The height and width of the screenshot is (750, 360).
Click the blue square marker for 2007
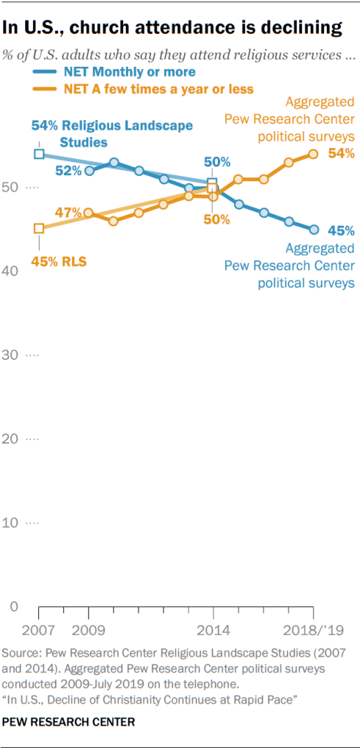39,154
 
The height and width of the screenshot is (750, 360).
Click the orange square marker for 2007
39,229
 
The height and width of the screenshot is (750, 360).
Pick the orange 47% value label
67,213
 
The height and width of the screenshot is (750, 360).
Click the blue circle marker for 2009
89,171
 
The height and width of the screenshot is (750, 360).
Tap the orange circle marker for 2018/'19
313,154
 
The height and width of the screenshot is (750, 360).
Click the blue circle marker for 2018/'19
313,229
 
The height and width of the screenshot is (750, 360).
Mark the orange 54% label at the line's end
341,153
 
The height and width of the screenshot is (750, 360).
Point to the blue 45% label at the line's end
341,229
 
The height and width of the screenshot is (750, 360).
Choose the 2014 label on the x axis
213,630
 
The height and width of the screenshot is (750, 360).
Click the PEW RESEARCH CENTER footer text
69,722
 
